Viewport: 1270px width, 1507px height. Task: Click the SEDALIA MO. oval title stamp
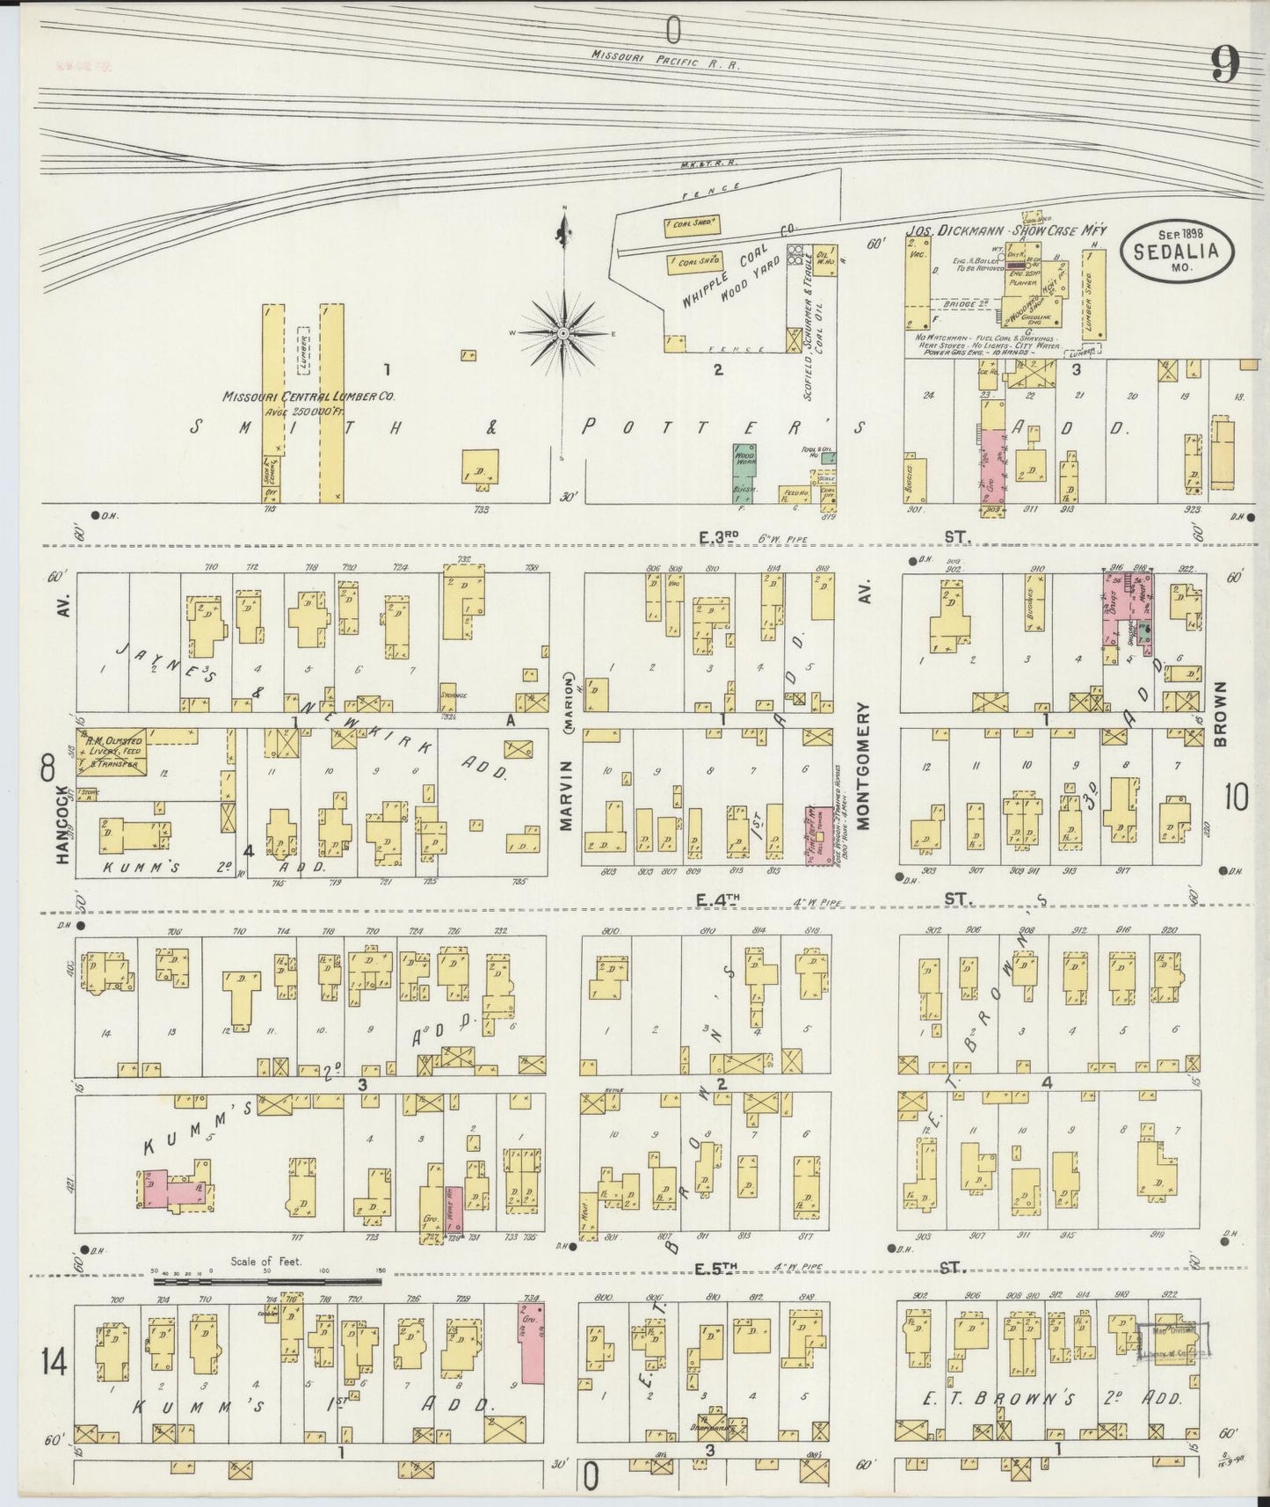point(1176,251)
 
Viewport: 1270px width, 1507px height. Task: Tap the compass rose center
point(562,335)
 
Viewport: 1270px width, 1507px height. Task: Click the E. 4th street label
point(715,899)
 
